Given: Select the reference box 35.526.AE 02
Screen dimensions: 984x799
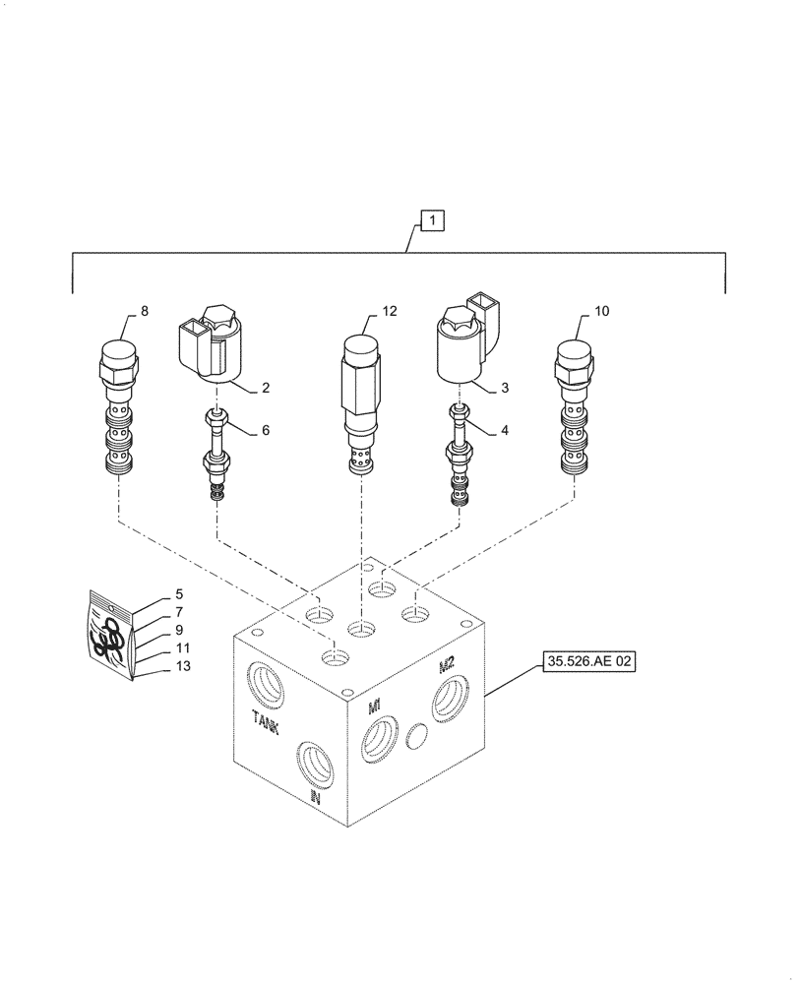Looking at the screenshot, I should [588, 664].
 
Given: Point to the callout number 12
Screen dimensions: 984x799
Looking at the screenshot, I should [390, 312].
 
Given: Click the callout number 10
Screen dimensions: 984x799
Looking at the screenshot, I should [602, 312].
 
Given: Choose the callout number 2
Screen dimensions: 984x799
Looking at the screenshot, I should [265, 388].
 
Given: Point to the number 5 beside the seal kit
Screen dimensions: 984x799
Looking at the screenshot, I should [179, 594].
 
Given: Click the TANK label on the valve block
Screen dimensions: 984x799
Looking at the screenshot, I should [269, 722].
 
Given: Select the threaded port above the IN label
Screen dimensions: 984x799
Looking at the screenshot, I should [317, 761].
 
